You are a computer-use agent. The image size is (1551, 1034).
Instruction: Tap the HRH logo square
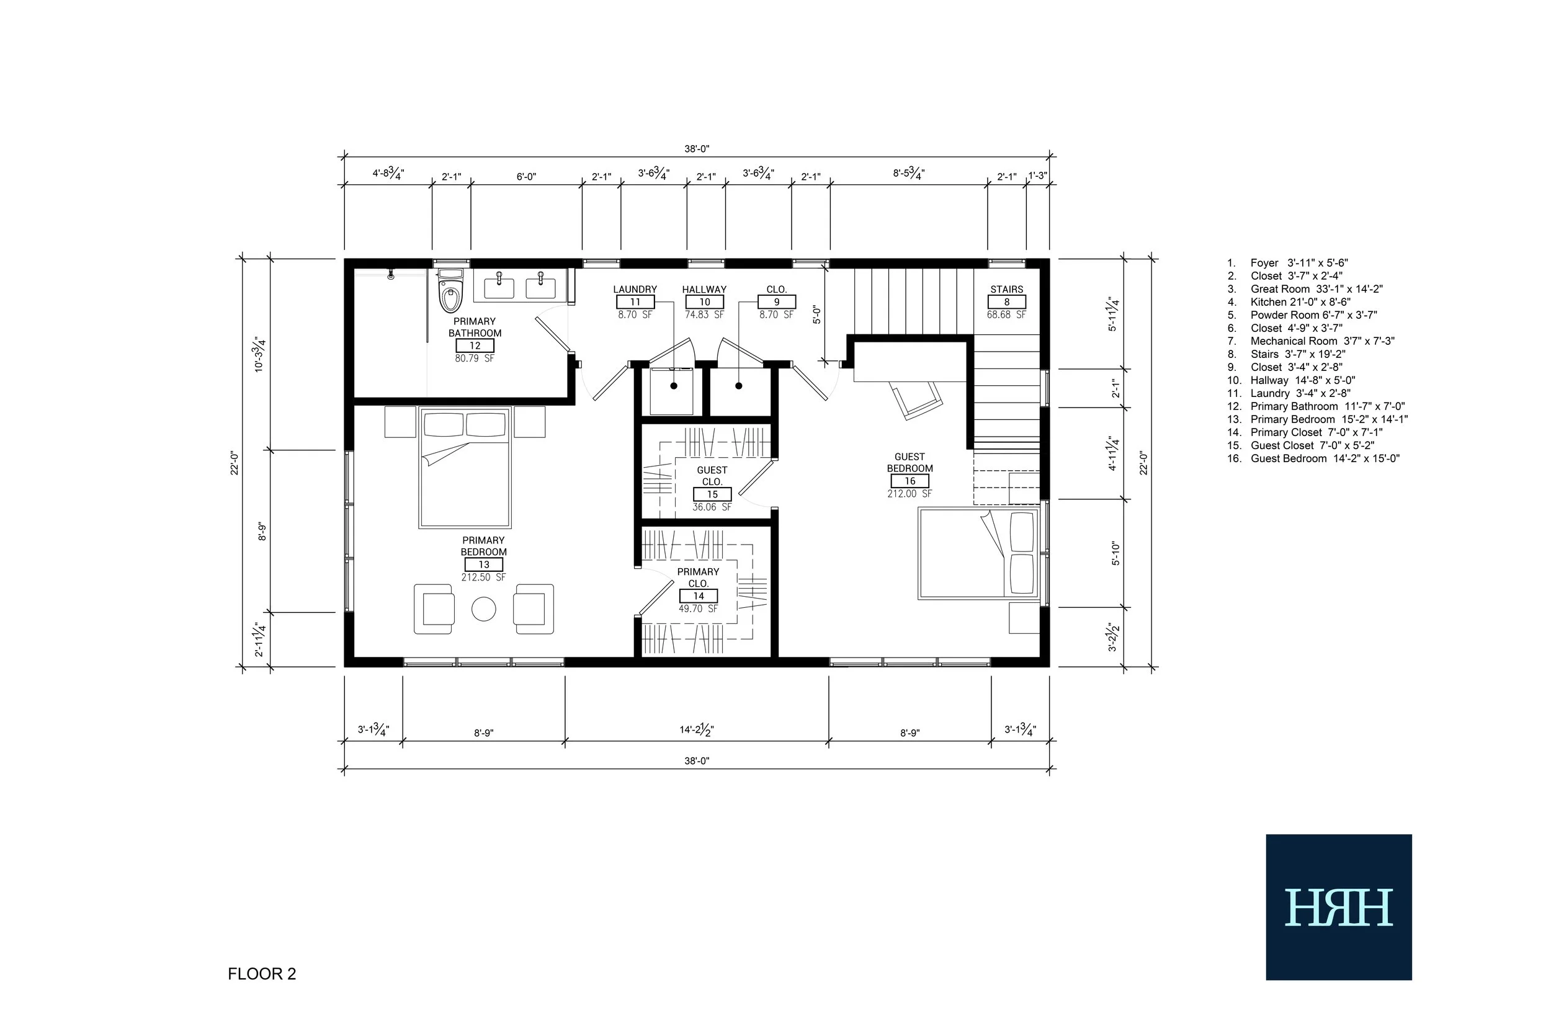[x=1339, y=907]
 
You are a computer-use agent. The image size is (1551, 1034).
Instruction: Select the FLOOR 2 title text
[x=262, y=974]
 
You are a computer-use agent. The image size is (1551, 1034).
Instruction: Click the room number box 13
[x=483, y=564]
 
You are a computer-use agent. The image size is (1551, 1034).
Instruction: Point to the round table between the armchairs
[x=483, y=608]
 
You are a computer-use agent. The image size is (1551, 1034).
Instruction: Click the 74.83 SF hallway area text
[x=704, y=315]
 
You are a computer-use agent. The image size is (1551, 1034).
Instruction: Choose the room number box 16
[x=910, y=481]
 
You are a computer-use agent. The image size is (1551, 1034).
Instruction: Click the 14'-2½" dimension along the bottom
[x=697, y=730]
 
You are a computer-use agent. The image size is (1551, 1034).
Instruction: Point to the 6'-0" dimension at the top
[x=526, y=177]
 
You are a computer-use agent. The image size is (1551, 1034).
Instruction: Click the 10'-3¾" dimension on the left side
[x=260, y=355]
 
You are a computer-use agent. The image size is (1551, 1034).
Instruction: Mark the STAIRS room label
[x=1006, y=290]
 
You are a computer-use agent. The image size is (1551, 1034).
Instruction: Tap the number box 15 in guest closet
[x=712, y=494]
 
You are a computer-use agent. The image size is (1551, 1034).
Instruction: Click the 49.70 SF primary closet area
[x=699, y=608]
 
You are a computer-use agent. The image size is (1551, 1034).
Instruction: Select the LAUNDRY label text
[x=635, y=290]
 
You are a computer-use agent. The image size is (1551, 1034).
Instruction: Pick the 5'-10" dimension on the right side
[x=1115, y=553]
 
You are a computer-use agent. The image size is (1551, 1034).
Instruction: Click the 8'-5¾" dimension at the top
[x=909, y=174]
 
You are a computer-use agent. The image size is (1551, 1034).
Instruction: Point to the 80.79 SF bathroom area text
[x=474, y=359]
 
